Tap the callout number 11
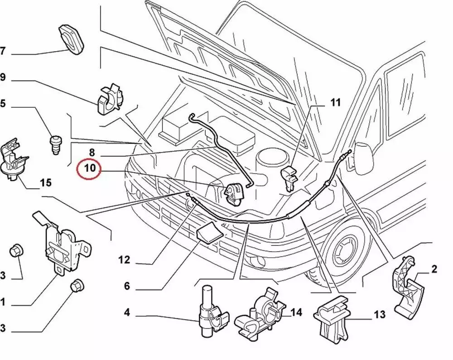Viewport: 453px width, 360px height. coord(334,103)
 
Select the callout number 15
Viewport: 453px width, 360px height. coord(46,183)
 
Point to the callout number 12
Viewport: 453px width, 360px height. coord(124,260)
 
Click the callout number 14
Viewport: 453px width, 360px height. coord(296,312)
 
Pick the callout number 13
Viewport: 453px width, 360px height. coord(379,314)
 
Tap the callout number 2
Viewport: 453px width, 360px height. coord(434,270)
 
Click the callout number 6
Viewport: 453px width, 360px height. coord(127,286)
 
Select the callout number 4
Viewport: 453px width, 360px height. coord(127,312)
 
